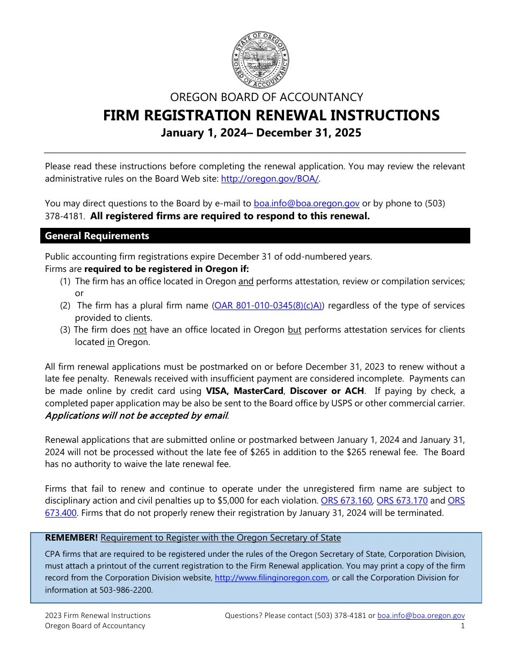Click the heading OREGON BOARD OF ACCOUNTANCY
tap(266, 97)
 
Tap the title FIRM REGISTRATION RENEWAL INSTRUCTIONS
tap(271, 116)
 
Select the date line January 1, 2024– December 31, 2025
tap(261, 133)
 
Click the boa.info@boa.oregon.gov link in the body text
tap(307, 204)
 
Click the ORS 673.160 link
tap(346, 501)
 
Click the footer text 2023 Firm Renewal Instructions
tap(98, 616)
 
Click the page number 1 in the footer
tap(463, 626)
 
